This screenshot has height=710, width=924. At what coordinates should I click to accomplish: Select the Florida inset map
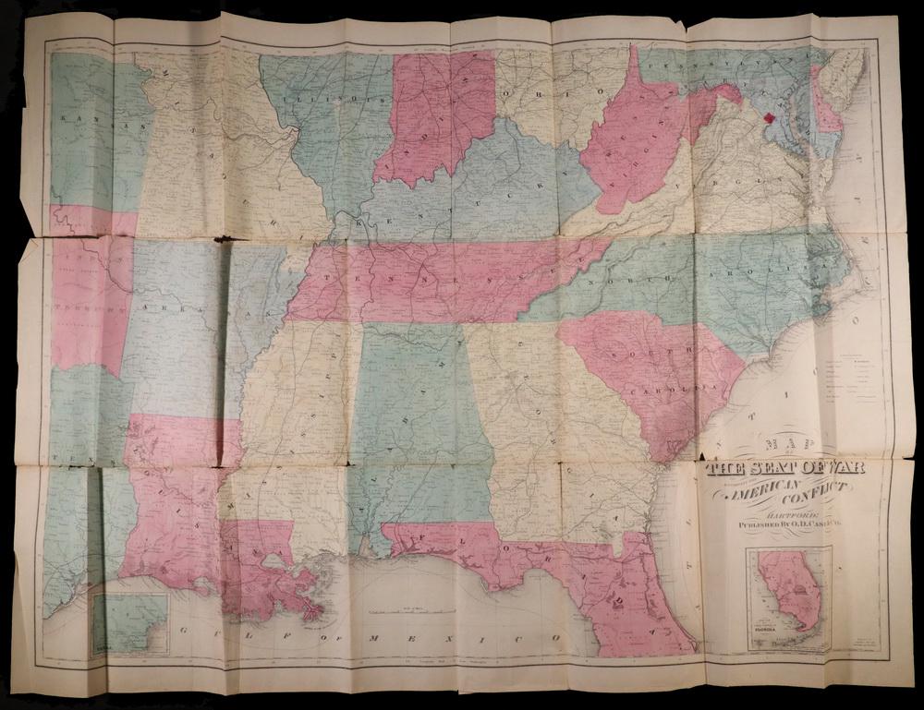coord(788,600)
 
